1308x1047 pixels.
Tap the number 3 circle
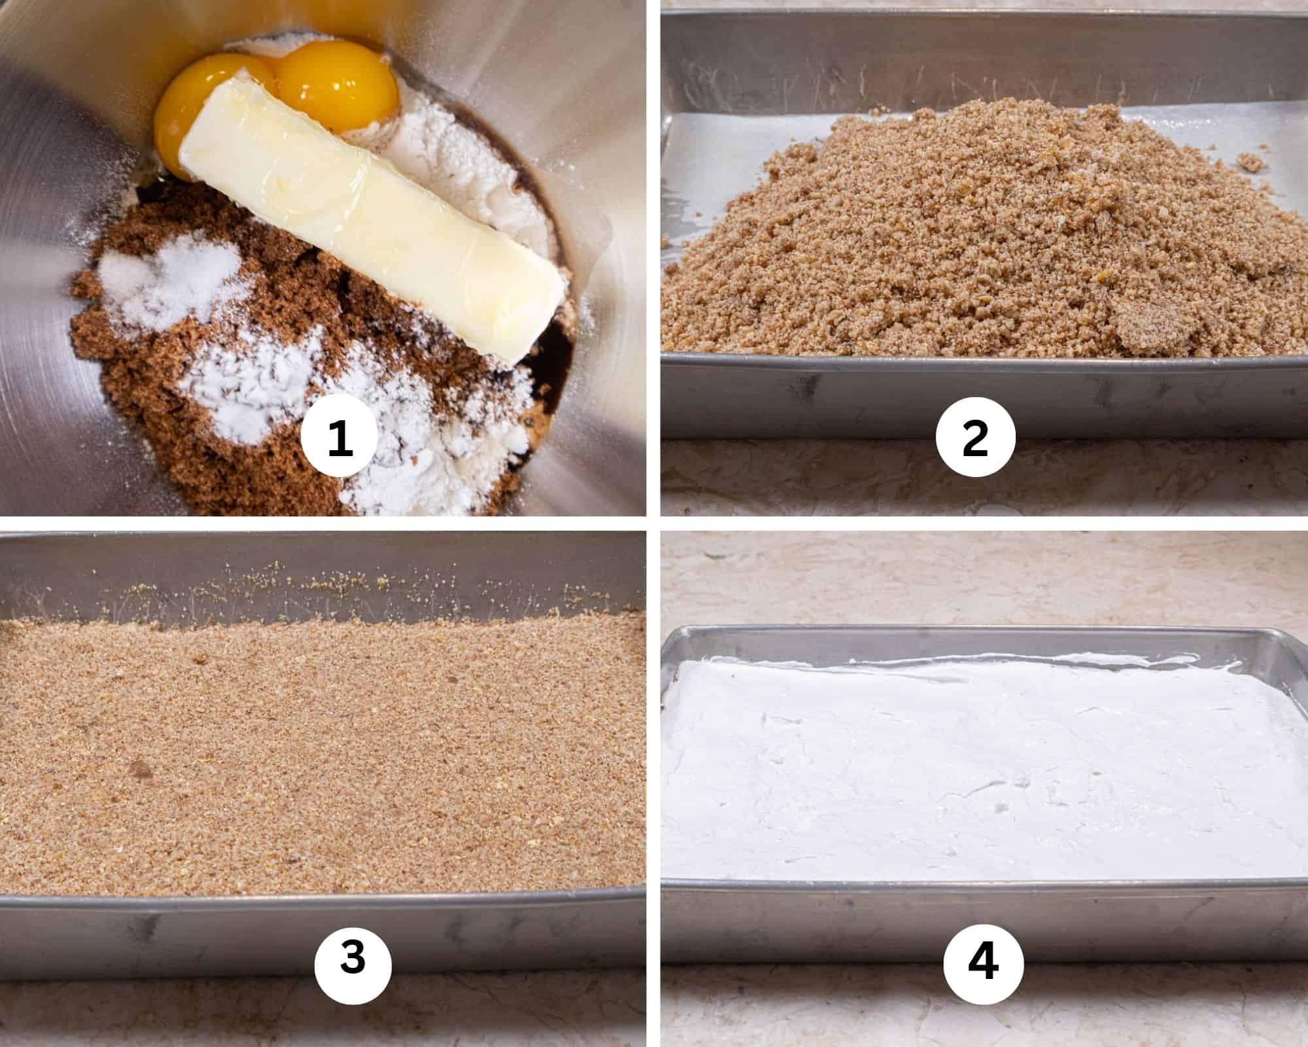click(353, 962)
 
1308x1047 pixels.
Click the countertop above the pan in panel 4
click(981, 582)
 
